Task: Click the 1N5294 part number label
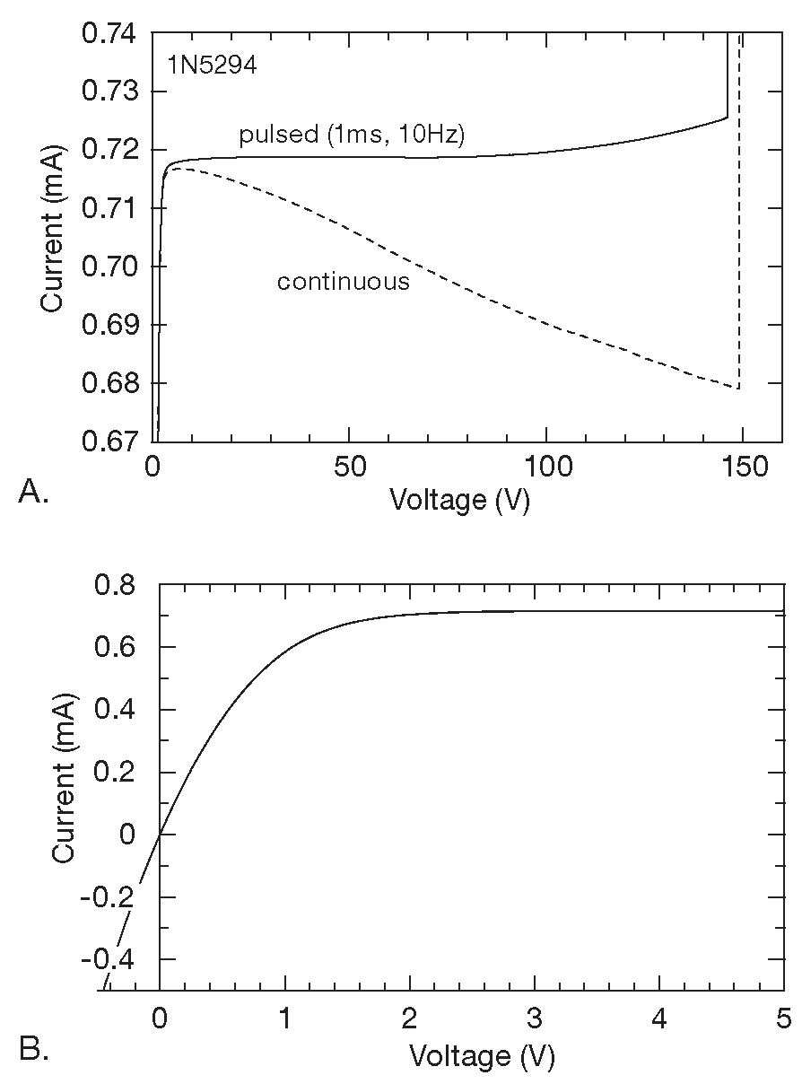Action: tap(212, 66)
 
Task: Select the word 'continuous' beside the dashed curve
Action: tap(343, 282)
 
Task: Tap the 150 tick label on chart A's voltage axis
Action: tap(744, 468)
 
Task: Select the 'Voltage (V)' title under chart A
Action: tap(459, 499)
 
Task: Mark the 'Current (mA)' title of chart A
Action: tap(52, 237)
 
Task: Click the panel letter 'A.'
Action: tap(33, 492)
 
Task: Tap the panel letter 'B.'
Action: tap(33, 1050)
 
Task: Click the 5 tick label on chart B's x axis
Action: tap(784, 1020)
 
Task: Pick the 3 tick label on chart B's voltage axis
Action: tap(535, 1020)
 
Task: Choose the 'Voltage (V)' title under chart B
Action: tap(482, 1055)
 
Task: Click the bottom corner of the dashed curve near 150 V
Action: tap(738, 389)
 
